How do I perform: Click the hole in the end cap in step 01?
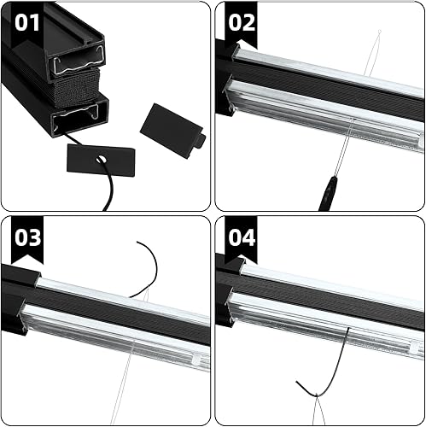(101, 160)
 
